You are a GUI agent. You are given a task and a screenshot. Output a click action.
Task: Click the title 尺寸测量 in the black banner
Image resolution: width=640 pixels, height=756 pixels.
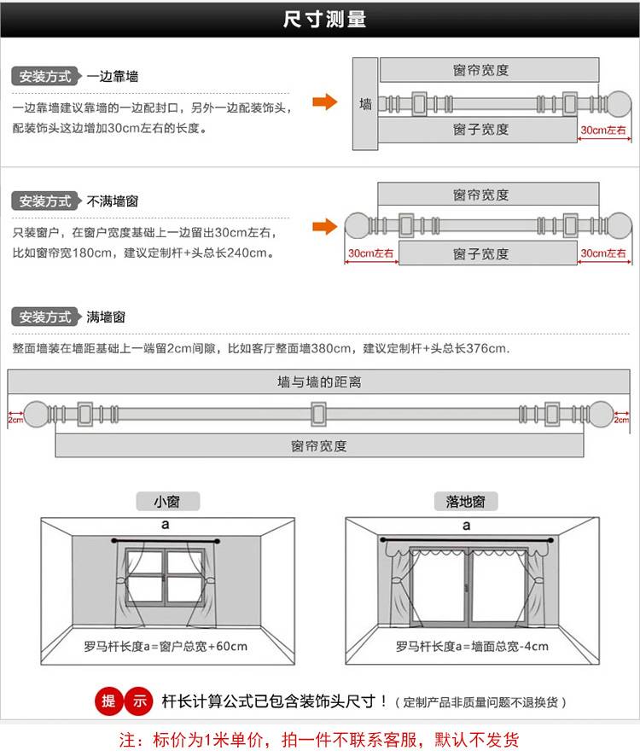(x=324, y=20)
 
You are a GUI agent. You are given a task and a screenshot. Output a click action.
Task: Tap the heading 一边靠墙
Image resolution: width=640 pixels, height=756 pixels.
(x=113, y=76)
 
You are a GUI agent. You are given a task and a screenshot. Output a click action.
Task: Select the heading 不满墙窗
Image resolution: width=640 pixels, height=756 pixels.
(x=113, y=201)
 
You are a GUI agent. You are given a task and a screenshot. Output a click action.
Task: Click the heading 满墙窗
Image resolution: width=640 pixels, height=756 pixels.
(x=106, y=317)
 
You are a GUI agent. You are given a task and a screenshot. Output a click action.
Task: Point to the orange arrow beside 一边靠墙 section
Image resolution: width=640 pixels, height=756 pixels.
(x=324, y=102)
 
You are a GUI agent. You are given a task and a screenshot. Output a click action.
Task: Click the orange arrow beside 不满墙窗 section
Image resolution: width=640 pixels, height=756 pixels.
(x=324, y=227)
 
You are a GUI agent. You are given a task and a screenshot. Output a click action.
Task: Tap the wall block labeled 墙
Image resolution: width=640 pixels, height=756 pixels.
(x=365, y=103)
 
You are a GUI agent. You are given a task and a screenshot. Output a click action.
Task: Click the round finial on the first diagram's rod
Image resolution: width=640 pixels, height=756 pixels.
(x=619, y=103)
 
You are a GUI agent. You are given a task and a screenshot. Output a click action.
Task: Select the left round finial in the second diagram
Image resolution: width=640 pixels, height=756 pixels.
(x=358, y=225)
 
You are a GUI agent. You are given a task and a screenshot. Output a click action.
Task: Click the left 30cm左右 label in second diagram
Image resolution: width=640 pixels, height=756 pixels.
(x=371, y=253)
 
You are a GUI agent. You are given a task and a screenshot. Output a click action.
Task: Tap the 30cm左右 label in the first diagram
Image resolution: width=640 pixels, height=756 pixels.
(x=603, y=130)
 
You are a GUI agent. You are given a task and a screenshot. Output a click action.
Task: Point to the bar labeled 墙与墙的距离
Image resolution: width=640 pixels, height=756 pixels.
(x=319, y=382)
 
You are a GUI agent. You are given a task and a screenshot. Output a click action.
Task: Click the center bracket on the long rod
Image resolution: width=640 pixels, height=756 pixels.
(x=318, y=414)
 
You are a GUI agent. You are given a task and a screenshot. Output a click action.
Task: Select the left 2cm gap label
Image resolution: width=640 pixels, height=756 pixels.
(x=15, y=420)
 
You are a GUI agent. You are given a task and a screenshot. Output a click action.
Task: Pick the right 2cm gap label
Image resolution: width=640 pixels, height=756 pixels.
(x=621, y=420)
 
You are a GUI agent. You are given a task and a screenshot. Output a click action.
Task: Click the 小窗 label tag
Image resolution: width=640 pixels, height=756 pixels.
(x=167, y=502)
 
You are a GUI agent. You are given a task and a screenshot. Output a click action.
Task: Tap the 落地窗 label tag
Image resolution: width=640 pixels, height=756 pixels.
(x=465, y=502)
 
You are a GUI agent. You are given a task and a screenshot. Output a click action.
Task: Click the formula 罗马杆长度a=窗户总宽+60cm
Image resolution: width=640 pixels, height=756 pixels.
(x=166, y=646)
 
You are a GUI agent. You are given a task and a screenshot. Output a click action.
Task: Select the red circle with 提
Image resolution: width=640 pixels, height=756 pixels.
(x=108, y=701)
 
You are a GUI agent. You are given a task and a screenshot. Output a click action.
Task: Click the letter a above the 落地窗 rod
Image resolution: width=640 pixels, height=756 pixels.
(x=467, y=526)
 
